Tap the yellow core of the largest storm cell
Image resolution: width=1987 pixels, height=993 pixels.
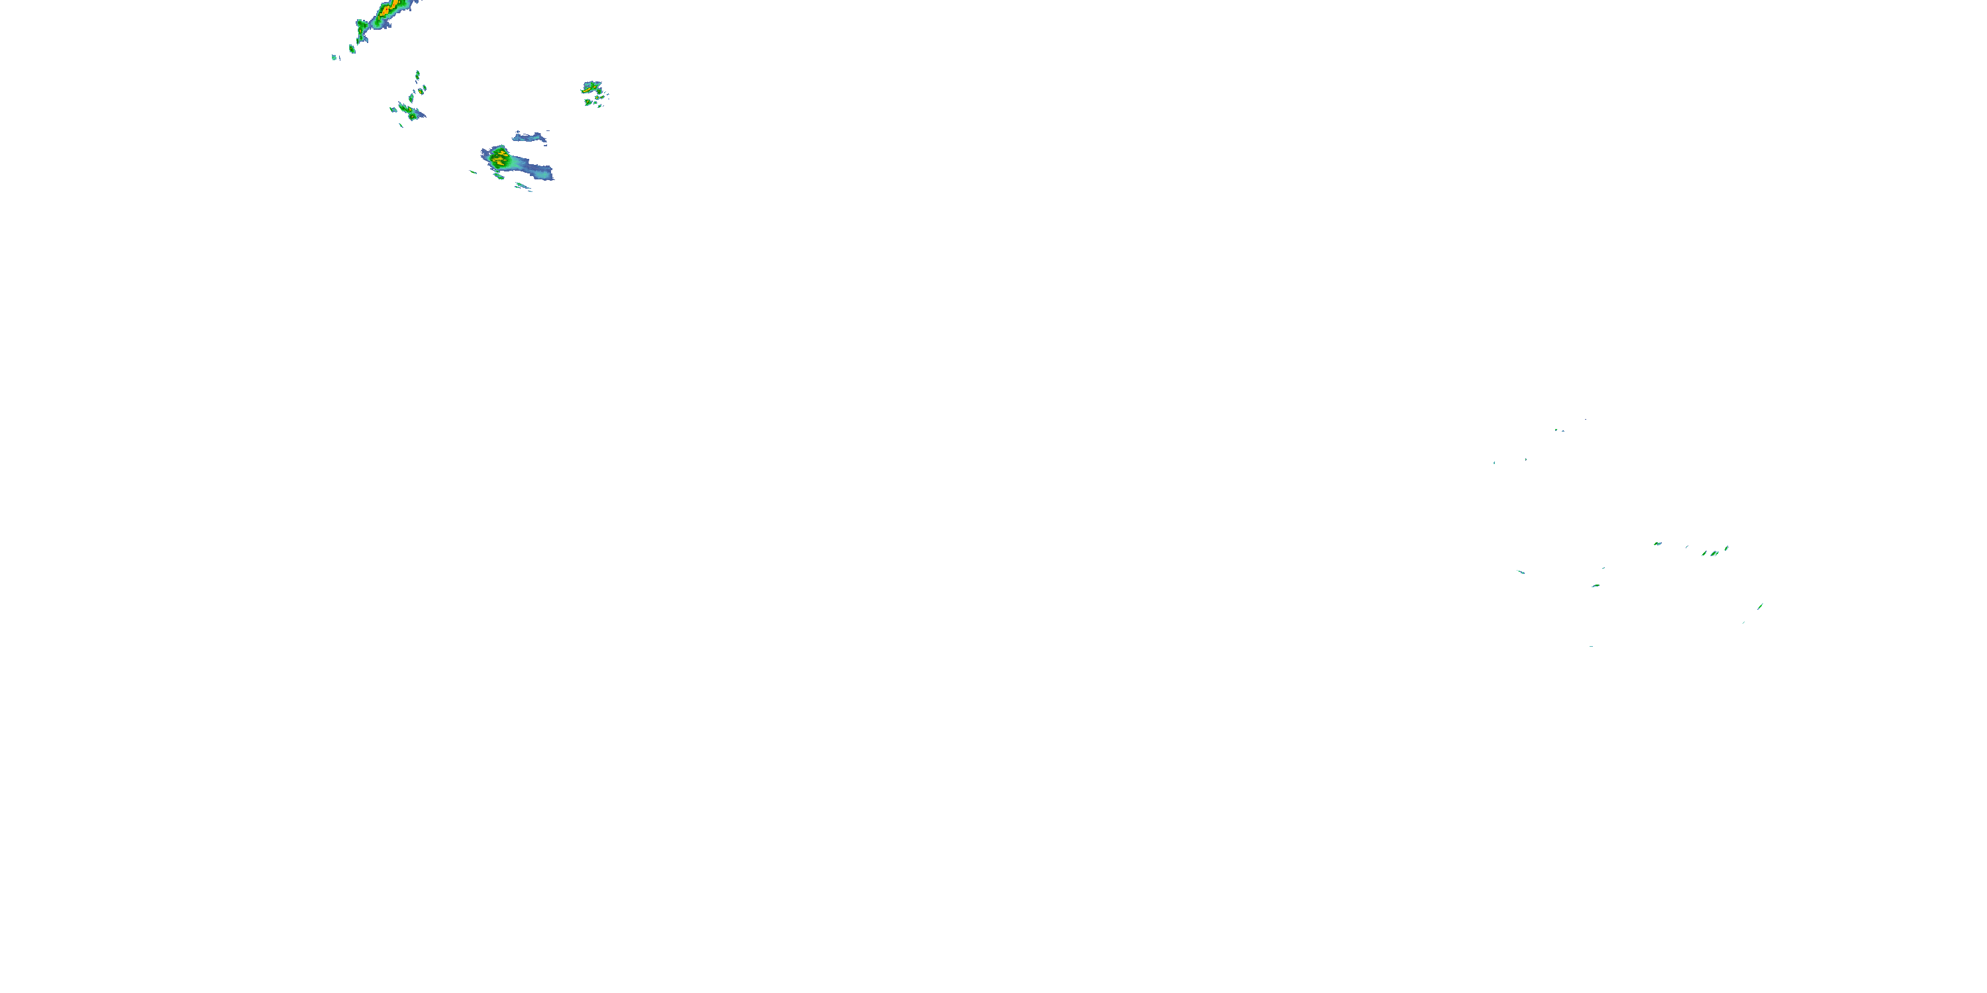[x=501, y=159]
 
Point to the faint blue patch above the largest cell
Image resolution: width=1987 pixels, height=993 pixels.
[x=530, y=137]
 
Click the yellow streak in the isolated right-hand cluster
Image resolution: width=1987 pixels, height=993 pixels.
[x=591, y=89]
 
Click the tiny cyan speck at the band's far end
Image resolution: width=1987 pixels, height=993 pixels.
[x=334, y=57]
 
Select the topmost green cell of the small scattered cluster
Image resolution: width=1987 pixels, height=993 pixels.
[x=417, y=75]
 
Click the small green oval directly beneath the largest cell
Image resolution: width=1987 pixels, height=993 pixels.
[x=499, y=177]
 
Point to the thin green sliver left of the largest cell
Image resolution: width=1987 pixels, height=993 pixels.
[x=474, y=172]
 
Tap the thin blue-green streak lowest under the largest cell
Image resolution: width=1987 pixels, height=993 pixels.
[x=524, y=186]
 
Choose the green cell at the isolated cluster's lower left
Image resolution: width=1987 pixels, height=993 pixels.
[x=589, y=102]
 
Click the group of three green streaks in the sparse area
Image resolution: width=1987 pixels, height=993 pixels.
[x=1714, y=553]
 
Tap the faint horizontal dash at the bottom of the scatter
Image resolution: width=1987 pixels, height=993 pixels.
[x=1590, y=646]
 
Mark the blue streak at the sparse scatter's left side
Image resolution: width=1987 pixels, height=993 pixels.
[x=1520, y=572]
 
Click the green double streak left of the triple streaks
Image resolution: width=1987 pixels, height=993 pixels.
[x=1658, y=544]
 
